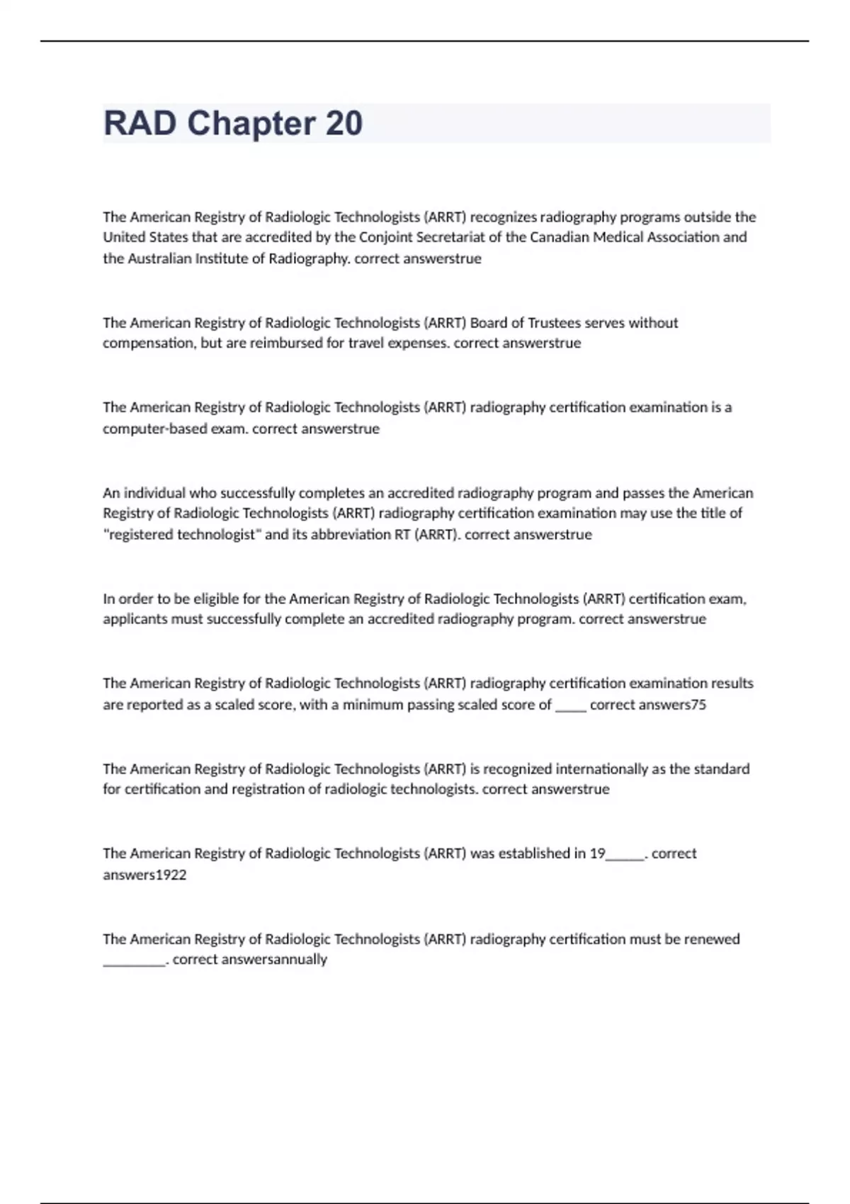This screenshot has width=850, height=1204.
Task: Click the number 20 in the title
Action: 344,123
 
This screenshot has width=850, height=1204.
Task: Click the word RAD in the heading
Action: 140,123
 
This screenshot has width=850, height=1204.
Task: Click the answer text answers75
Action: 671,705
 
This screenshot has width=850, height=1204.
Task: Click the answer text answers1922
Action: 144,875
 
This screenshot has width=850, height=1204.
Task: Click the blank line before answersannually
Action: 134,962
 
